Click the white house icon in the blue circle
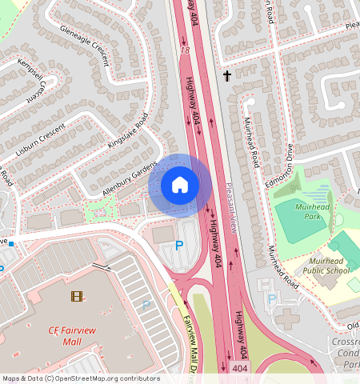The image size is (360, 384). pos(180,186)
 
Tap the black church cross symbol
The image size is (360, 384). pos(227,77)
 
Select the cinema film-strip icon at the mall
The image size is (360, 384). pos(76,296)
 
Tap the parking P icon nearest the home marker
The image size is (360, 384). pos(179,245)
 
